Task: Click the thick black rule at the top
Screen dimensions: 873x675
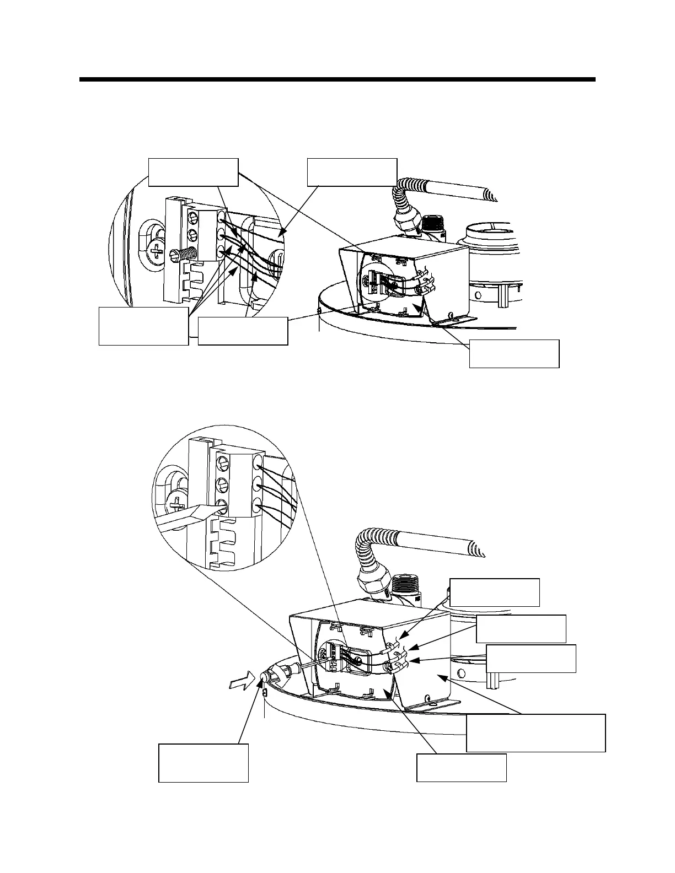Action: (x=337, y=79)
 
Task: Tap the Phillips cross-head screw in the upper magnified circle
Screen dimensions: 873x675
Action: (x=157, y=251)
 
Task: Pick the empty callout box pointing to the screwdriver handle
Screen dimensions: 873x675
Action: (x=203, y=763)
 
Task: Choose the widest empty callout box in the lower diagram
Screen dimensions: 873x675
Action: (x=535, y=732)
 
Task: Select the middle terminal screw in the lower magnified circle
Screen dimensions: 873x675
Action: (x=223, y=484)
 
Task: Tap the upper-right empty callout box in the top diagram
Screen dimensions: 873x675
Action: (x=352, y=172)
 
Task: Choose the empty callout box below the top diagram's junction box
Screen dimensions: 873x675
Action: (x=514, y=353)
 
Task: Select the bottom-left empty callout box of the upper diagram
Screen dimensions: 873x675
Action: (x=143, y=326)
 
